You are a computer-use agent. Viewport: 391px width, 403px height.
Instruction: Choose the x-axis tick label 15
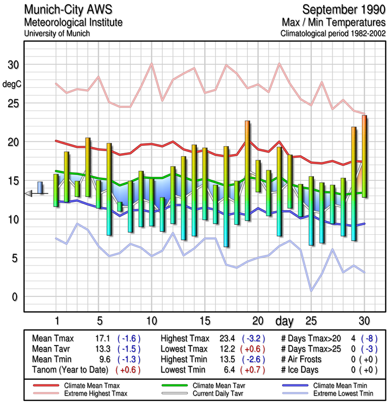click(204, 321)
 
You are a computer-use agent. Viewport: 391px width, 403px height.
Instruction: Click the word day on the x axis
click(286, 321)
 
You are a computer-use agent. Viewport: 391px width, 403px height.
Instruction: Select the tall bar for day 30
click(364, 156)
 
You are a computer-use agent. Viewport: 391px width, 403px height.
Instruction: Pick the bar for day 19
click(247, 170)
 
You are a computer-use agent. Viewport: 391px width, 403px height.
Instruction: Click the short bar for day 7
click(120, 207)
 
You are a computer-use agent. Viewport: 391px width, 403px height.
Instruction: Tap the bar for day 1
click(56, 190)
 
